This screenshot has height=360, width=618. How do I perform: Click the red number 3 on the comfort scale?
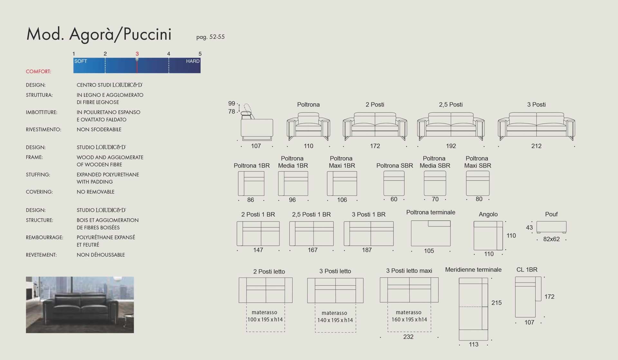pyautogui.click(x=137, y=54)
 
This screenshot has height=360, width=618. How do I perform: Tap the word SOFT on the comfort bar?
pyautogui.click(x=81, y=61)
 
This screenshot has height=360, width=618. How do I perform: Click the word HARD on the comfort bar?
pyautogui.click(x=193, y=61)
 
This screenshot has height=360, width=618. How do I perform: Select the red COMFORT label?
pyautogui.click(x=39, y=71)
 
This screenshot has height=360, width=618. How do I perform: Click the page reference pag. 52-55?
pyautogui.click(x=211, y=37)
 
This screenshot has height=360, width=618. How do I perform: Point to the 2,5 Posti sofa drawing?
pyautogui.click(x=451, y=126)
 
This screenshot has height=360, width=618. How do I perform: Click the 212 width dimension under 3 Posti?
pyautogui.click(x=536, y=146)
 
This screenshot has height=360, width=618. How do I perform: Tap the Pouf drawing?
pyautogui.click(x=551, y=227)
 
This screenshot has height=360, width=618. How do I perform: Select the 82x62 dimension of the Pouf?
pyautogui.click(x=551, y=239)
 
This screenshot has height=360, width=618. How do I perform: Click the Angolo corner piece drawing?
pyautogui.click(x=488, y=235)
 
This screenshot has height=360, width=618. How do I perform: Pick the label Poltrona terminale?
pyautogui.click(x=431, y=212)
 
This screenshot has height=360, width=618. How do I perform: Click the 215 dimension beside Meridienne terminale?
pyautogui.click(x=496, y=303)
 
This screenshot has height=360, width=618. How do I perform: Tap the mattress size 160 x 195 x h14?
pyautogui.click(x=409, y=319)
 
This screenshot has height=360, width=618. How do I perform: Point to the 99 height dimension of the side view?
pyautogui.click(x=232, y=103)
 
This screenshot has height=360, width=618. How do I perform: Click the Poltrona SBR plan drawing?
pyautogui.click(x=394, y=183)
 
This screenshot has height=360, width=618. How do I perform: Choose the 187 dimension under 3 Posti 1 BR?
pyautogui.click(x=367, y=250)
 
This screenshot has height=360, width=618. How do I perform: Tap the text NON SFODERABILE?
pyautogui.click(x=99, y=129)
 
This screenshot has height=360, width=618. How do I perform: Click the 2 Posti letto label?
pyautogui.click(x=269, y=271)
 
